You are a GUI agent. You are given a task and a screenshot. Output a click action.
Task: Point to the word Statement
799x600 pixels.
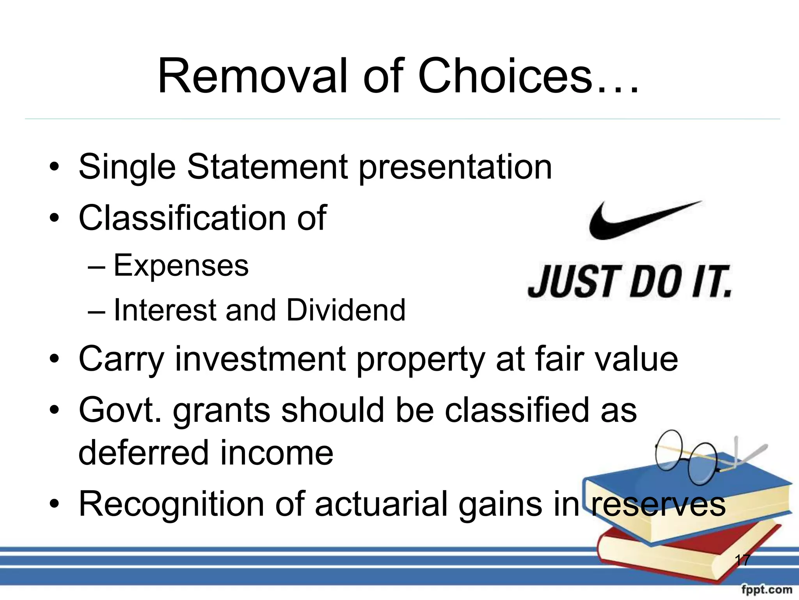tap(267, 167)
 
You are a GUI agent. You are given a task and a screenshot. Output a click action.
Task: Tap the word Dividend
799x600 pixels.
tap(346, 311)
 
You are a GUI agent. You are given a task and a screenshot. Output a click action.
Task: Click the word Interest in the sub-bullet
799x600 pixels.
tap(164, 311)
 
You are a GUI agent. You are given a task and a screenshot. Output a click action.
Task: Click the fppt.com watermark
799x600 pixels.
tap(766, 589)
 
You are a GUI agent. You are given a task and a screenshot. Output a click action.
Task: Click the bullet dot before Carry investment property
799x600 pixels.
tap(54, 359)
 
